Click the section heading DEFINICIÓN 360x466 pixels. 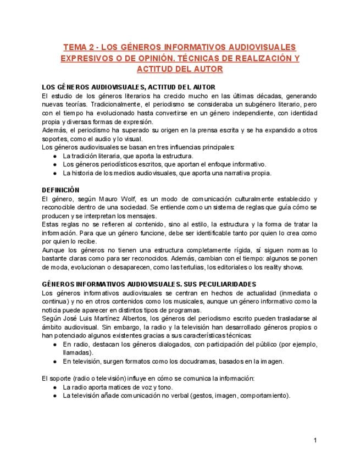(61, 189)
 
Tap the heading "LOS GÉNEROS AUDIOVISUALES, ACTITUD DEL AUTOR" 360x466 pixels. (129, 87)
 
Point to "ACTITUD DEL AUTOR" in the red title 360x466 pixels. (180, 69)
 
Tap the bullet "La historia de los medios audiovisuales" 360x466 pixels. (167, 173)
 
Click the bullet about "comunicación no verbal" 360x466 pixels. (176, 395)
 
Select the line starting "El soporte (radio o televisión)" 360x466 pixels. (148, 379)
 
